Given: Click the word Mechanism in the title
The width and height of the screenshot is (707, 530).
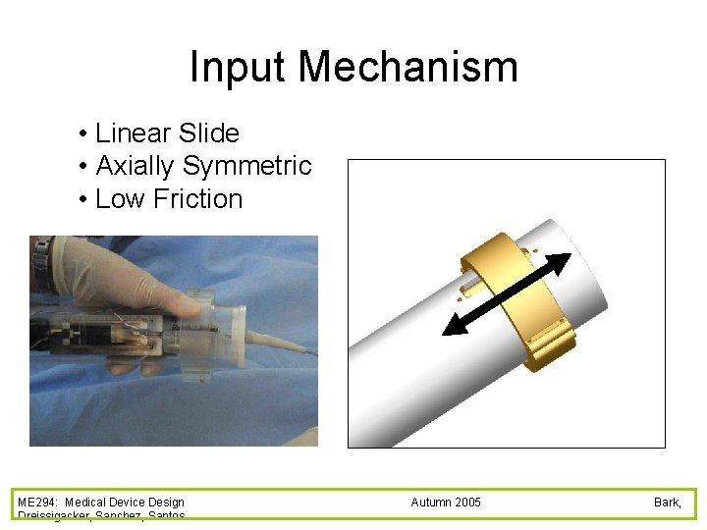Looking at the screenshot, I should (x=408, y=68).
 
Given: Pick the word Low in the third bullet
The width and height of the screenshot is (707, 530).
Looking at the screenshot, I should (x=119, y=199).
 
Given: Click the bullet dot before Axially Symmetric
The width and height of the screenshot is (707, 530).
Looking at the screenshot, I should (x=85, y=167).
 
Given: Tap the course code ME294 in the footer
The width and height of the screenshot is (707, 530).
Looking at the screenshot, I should (x=37, y=503).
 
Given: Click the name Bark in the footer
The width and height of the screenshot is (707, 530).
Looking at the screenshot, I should (x=667, y=503).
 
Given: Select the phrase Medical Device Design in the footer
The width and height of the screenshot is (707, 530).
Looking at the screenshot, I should (x=125, y=503).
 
